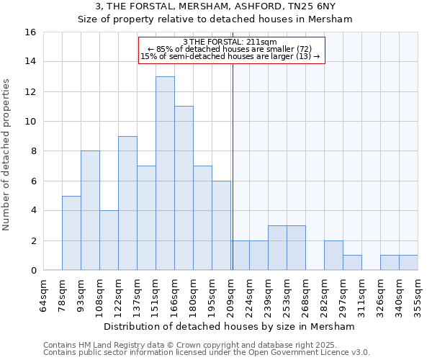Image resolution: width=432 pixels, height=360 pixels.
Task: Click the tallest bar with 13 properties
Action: (x=165, y=174)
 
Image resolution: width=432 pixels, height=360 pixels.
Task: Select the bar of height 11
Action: (x=184, y=188)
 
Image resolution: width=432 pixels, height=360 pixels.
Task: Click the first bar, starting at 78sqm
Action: (x=71, y=233)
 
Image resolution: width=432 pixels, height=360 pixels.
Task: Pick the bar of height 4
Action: (x=109, y=240)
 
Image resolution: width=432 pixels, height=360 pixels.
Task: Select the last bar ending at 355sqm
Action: (x=408, y=263)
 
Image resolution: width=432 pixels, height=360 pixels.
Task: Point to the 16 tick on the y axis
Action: (x=30, y=32)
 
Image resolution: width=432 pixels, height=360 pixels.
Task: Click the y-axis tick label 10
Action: (x=30, y=122)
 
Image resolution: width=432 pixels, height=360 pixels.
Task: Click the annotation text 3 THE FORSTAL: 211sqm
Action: (x=230, y=42)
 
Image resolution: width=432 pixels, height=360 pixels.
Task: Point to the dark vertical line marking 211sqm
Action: (x=233, y=166)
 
